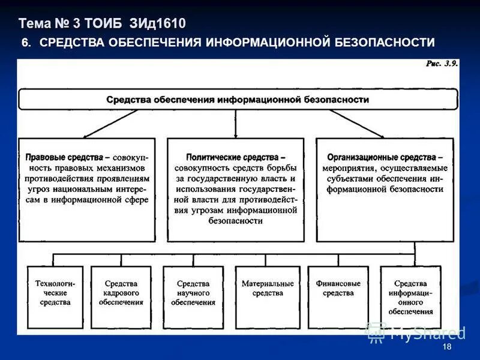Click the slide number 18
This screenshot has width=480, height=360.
click(446, 348)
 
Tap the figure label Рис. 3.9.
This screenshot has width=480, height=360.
click(442, 64)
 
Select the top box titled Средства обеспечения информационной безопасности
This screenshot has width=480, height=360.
click(238, 100)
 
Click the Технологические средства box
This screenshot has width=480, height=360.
click(55, 293)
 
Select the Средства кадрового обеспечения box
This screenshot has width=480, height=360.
click(121, 293)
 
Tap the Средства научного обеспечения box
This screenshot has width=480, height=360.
click(193, 293)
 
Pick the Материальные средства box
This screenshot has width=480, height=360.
click(268, 289)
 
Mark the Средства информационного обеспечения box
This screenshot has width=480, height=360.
click(410, 297)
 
